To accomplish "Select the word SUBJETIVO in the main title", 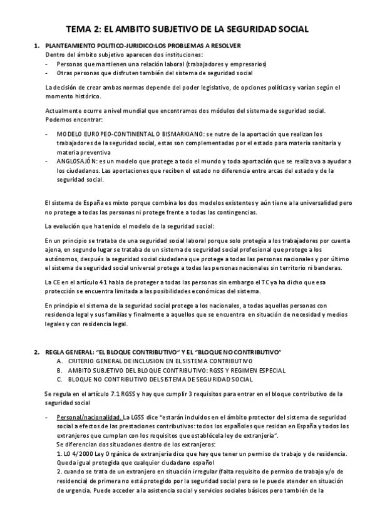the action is (176, 29).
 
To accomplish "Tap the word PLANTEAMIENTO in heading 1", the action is (73, 46).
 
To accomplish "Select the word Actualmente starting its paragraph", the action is (62, 111).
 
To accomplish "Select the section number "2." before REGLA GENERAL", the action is (37, 351).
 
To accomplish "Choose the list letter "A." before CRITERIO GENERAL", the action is (59, 361).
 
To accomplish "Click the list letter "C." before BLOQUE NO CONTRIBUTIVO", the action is (59, 379).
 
